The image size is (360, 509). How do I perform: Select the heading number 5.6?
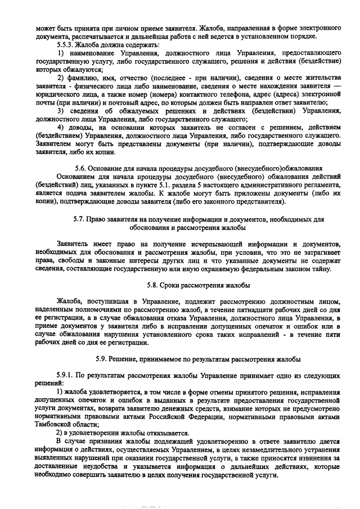point(82,168)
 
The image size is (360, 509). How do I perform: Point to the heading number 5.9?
point(102,358)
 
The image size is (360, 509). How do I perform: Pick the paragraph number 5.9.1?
point(68,375)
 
